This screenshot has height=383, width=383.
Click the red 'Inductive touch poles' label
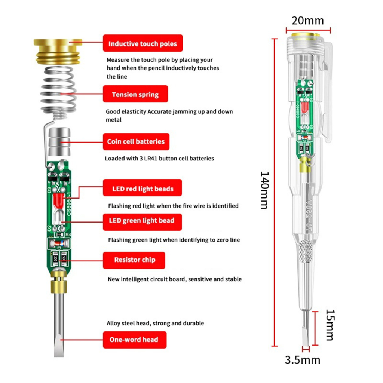tap(143, 43)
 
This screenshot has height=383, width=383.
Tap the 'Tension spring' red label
tap(135, 94)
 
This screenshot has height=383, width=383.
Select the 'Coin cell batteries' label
tap(136, 142)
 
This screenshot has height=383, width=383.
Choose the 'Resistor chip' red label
tap(134, 260)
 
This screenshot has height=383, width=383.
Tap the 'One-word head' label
tap(135, 340)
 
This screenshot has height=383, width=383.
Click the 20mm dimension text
tap(307, 21)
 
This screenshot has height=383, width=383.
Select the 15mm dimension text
tap(330, 325)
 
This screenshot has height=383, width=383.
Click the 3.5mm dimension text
tap(302, 360)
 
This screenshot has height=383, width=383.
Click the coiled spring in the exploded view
tap(58, 93)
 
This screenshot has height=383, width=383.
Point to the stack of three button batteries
tap(59, 142)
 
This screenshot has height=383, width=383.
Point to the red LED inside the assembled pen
tap(304, 108)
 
